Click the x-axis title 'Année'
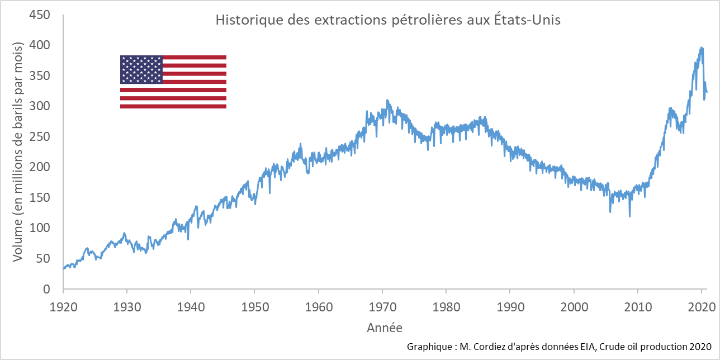point(384,328)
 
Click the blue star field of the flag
point(141,69)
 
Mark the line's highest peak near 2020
point(702,48)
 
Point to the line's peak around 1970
point(387,101)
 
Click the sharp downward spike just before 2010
point(630,216)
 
